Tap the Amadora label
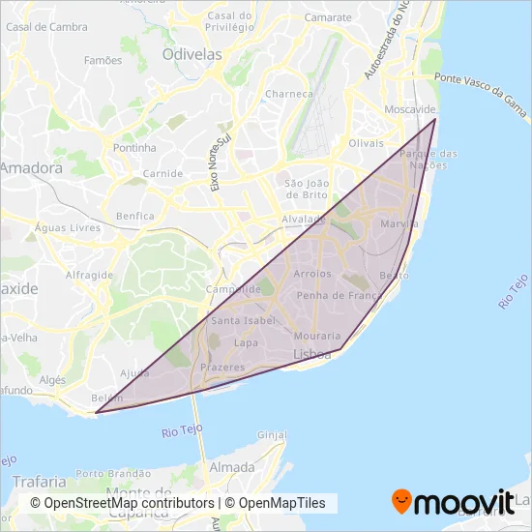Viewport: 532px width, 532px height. click(x=31, y=167)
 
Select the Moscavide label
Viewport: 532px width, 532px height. click(x=409, y=110)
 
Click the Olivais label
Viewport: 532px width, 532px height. click(x=366, y=142)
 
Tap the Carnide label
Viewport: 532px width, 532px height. click(x=163, y=174)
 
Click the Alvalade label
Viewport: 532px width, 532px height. click(x=304, y=220)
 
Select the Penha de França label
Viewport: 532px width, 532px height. click(x=334, y=295)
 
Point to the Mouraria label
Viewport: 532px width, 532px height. click(x=315, y=336)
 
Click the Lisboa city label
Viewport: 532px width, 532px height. click(x=311, y=355)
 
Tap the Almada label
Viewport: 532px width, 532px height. click(x=232, y=467)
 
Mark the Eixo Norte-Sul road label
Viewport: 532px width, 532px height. click(x=221, y=162)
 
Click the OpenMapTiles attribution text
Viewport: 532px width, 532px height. click(x=282, y=503)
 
